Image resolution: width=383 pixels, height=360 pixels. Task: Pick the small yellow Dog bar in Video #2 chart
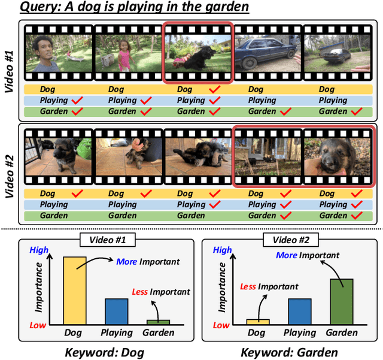pos(258,322)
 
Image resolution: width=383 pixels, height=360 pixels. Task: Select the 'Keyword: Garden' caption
pos(289,352)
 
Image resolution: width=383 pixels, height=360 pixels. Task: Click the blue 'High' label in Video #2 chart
pos(222,250)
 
